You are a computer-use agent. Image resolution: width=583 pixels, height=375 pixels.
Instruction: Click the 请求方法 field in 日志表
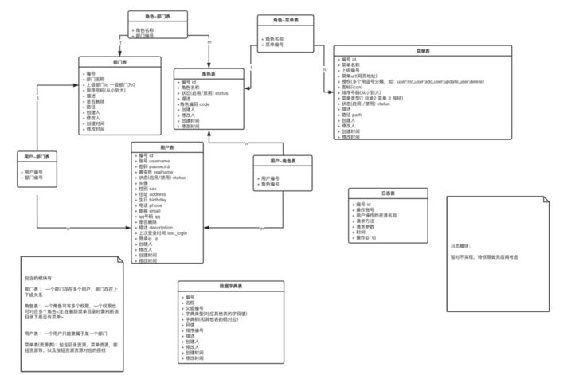367,221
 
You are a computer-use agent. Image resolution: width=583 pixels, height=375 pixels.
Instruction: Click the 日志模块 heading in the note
462,247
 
